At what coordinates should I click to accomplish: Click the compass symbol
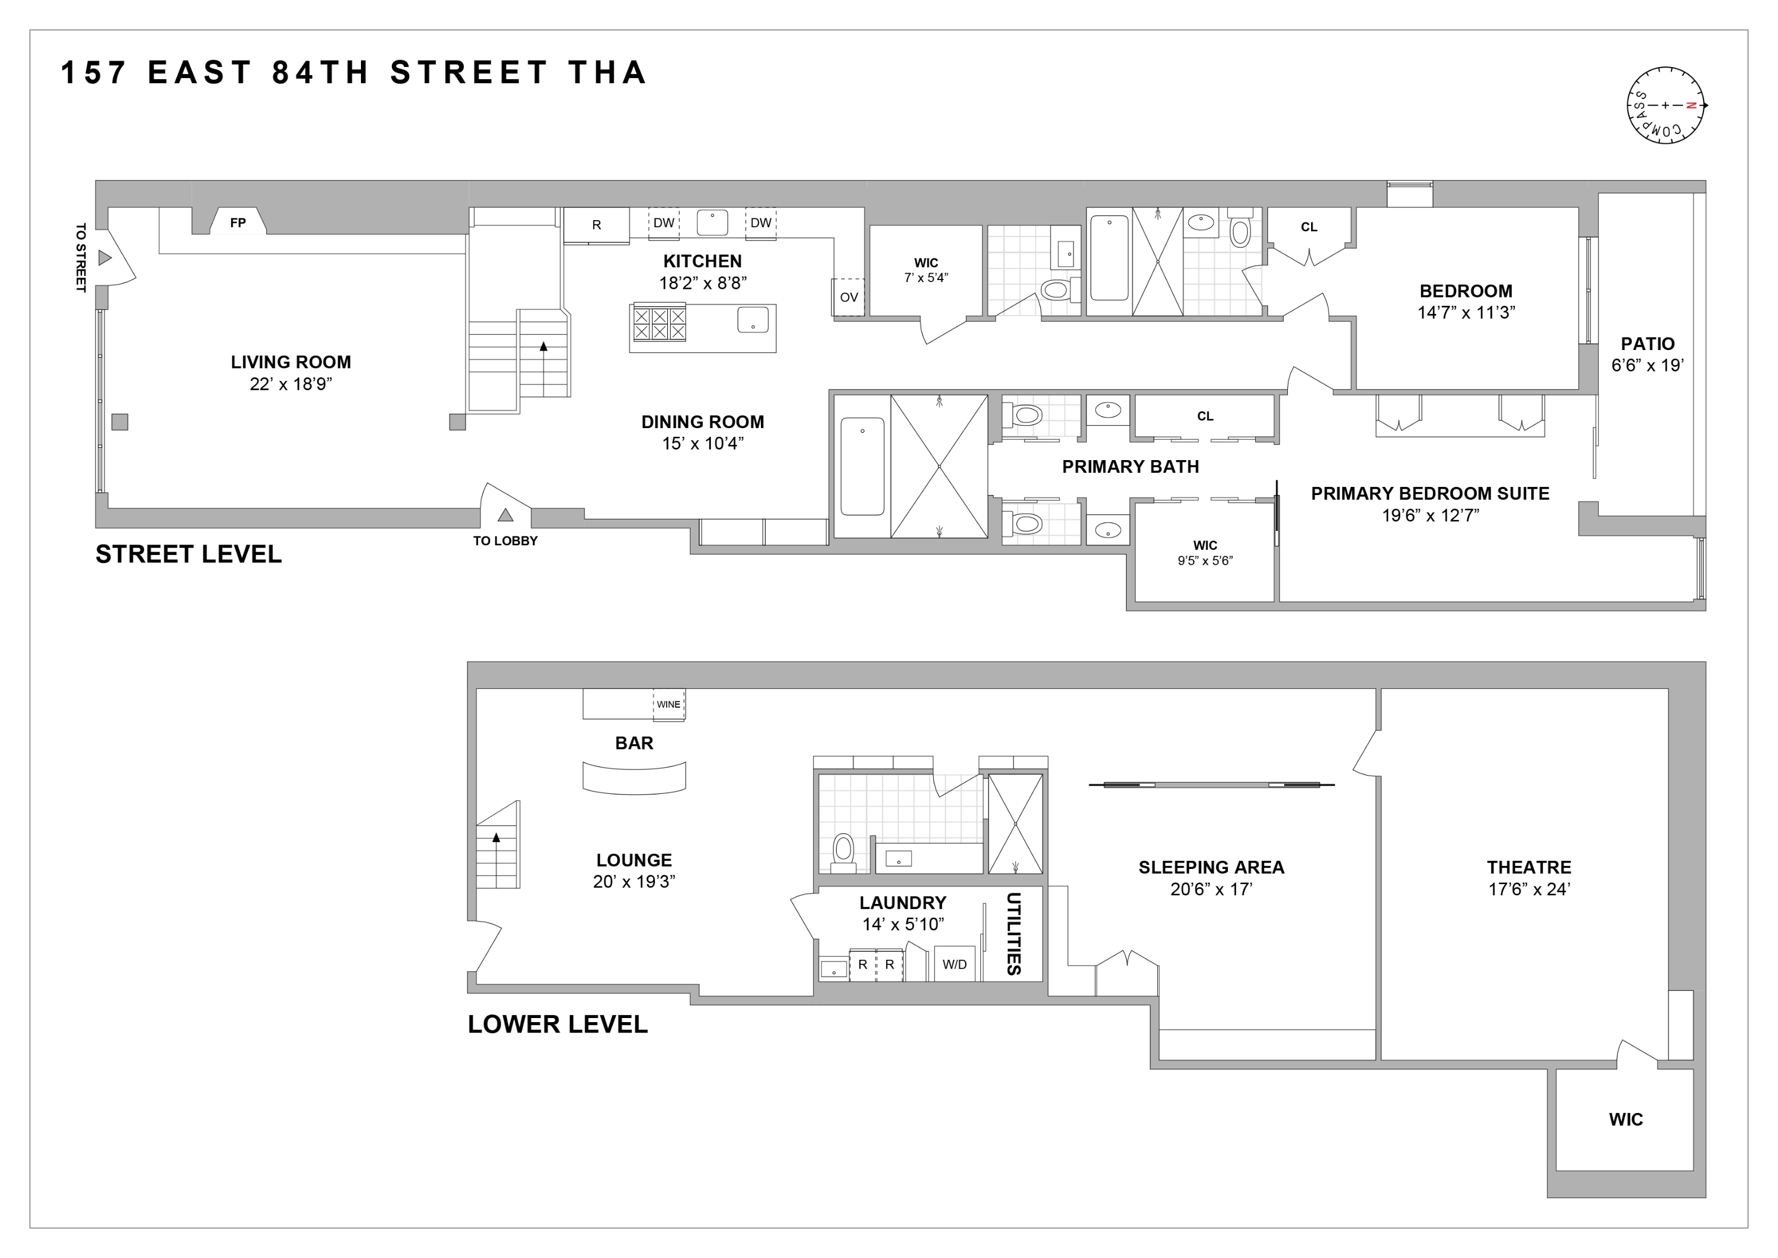point(1665,105)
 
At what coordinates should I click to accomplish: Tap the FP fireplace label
point(238,223)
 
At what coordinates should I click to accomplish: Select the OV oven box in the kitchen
point(849,296)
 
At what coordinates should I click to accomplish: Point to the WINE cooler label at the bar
point(668,704)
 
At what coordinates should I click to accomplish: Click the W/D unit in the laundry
point(954,964)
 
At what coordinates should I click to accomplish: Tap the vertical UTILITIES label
point(1013,934)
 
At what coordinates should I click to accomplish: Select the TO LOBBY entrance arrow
point(505,515)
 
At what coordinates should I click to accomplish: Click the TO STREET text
point(80,258)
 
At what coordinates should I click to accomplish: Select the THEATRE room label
point(1529,868)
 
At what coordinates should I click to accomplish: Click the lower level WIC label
point(1625,1119)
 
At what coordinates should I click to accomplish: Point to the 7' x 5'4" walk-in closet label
point(926,277)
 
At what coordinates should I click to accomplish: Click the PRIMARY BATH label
point(1130,467)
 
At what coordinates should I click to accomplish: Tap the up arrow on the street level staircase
point(544,347)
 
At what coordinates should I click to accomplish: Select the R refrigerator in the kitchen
point(596,225)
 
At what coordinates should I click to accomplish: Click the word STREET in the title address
point(469,73)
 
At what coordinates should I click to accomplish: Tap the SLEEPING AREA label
point(1211,868)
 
